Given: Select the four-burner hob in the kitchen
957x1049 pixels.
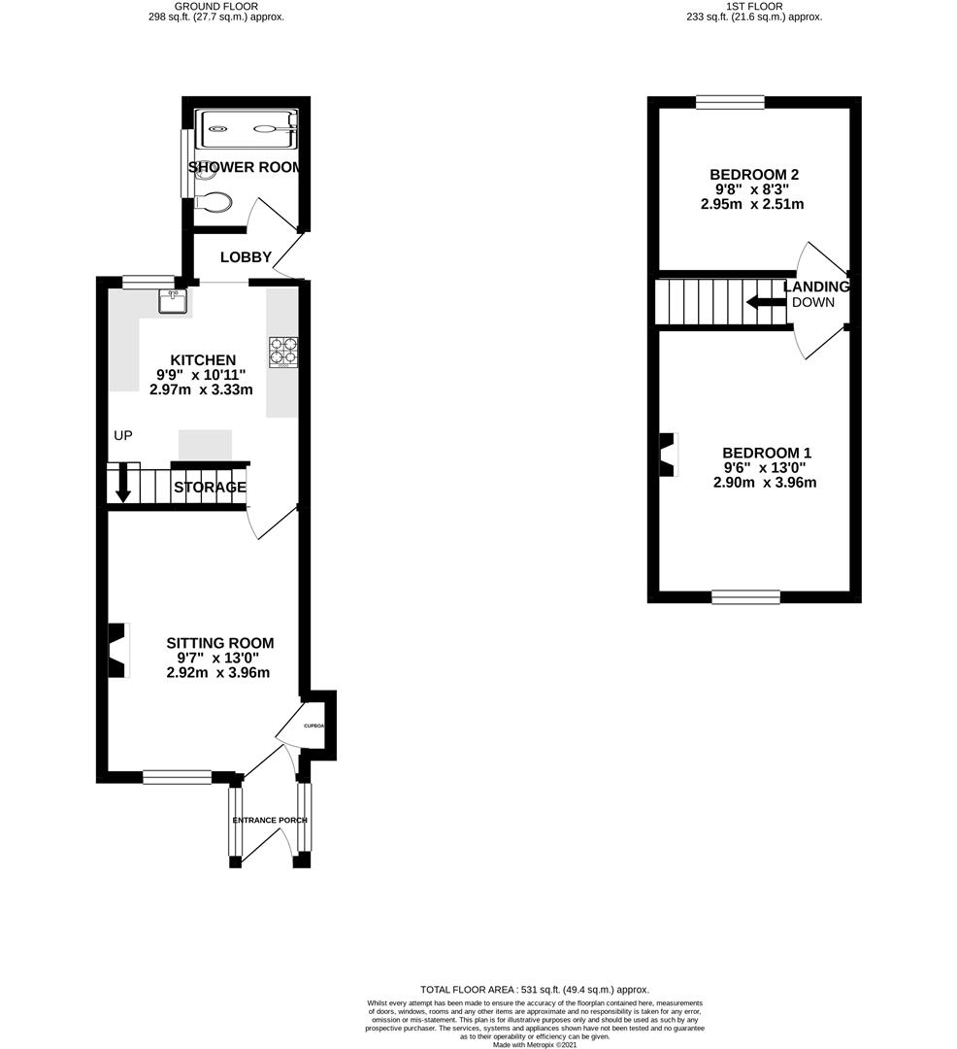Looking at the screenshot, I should point(282,352).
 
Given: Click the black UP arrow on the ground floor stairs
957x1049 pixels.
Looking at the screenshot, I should point(123,484).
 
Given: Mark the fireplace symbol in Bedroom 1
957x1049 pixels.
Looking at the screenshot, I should point(667,454).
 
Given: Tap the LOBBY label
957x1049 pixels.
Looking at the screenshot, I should point(246,257).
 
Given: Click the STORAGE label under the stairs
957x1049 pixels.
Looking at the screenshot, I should point(210,488).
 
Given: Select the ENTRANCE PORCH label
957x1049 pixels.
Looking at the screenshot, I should point(270,820).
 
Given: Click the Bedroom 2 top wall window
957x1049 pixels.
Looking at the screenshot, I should point(730,101).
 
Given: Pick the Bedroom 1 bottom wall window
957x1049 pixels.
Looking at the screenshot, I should point(745,596).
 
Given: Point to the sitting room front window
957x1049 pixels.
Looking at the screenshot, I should point(177,776).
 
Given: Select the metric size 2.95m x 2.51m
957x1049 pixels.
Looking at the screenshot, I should point(754,204).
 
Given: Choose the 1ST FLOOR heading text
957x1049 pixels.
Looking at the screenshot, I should point(753,6).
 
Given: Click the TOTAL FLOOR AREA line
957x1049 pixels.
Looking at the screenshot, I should point(534,989).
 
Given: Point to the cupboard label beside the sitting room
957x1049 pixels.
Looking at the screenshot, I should point(313,727).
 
